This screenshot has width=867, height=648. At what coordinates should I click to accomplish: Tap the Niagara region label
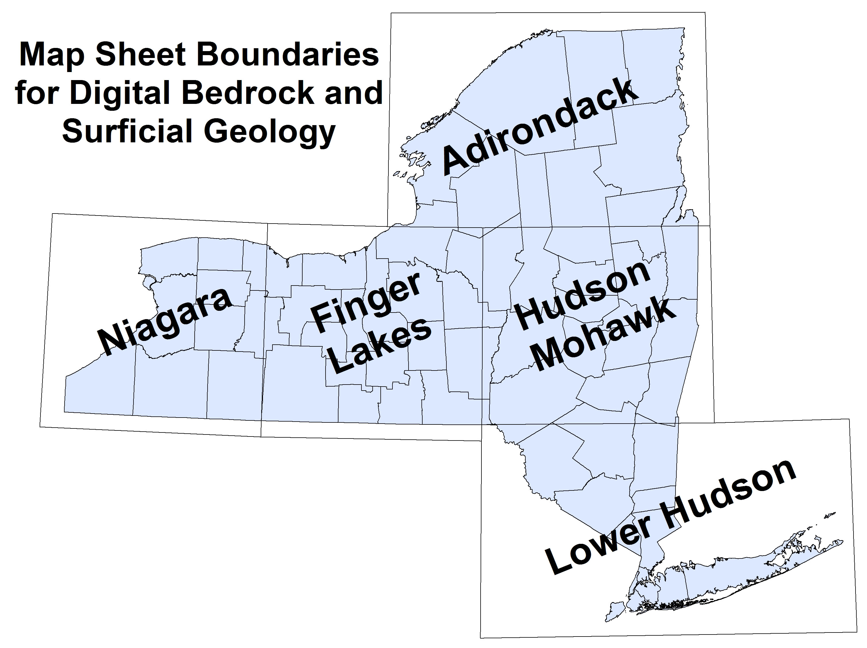(x=165, y=321)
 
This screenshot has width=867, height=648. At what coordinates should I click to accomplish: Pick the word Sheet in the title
(x=140, y=55)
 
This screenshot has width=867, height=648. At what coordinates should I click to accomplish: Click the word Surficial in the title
(x=127, y=131)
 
